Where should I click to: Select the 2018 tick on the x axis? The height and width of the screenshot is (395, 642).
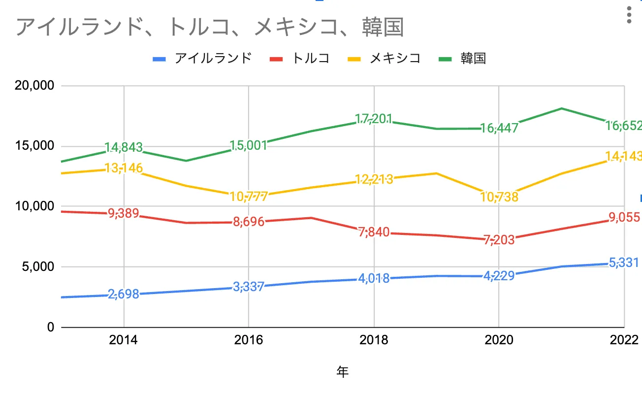point(374,340)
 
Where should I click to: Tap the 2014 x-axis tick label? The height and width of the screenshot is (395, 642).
point(124,340)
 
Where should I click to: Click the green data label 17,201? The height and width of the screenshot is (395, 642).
point(374,119)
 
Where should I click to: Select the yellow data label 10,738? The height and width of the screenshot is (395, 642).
point(499,197)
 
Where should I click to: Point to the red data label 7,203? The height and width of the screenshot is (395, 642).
point(499,240)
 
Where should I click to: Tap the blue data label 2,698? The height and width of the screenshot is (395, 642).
point(124,295)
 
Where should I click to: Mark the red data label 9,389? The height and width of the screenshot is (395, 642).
point(124,214)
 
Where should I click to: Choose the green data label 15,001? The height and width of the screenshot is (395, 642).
point(249,145)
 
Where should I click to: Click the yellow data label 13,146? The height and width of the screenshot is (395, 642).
point(124,168)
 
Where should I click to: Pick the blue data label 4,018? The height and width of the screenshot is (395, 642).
point(374,278)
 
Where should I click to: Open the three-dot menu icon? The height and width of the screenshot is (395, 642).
point(629,15)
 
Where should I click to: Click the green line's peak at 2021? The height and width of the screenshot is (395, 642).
point(562,108)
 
